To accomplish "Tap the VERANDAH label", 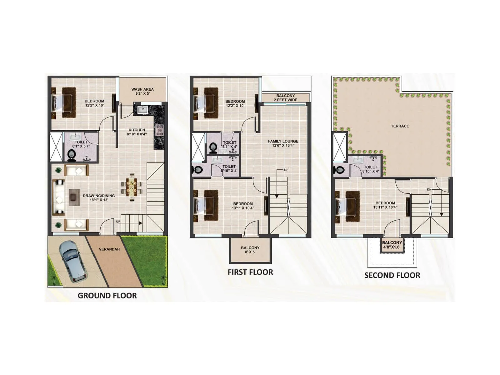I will click(109, 249).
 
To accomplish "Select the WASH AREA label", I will click(142, 89).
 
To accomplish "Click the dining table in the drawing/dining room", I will click(132, 187).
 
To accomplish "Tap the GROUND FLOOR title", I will click(107, 296).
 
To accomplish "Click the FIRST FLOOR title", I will click(250, 272).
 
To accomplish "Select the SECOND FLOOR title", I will click(392, 275).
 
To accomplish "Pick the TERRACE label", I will click(400, 126).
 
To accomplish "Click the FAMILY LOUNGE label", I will click(283, 141).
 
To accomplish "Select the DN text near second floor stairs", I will click(429, 190).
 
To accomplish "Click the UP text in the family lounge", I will click(286, 170).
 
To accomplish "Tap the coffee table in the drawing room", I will click(73, 197).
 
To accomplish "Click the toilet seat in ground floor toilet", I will click(71, 154).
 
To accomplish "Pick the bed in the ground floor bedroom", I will click(64, 102).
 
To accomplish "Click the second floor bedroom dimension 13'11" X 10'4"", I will click(385, 207).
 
